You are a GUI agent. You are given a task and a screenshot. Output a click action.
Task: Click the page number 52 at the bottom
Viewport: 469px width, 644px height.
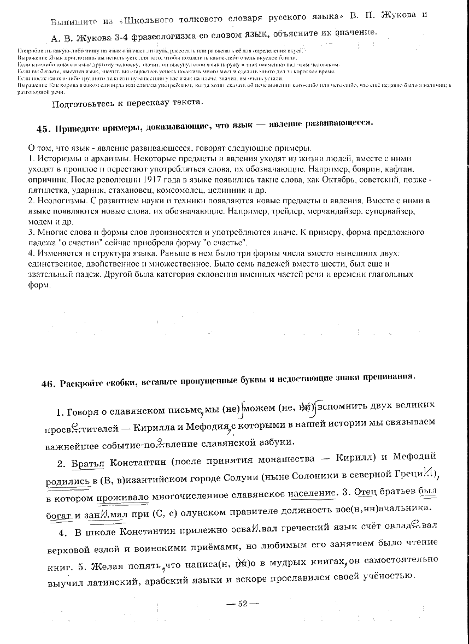click(x=241, y=604)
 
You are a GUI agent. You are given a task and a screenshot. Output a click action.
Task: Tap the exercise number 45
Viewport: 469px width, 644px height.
click(x=43, y=129)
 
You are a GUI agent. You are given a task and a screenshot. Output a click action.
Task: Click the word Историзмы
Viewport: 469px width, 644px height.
click(x=55, y=158)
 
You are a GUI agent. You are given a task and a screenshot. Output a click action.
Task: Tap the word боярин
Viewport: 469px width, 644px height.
click(x=348, y=169)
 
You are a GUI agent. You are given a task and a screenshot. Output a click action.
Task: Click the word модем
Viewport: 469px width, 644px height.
click(x=39, y=222)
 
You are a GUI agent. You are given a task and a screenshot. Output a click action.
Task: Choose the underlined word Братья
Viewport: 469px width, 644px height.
click(x=89, y=463)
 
